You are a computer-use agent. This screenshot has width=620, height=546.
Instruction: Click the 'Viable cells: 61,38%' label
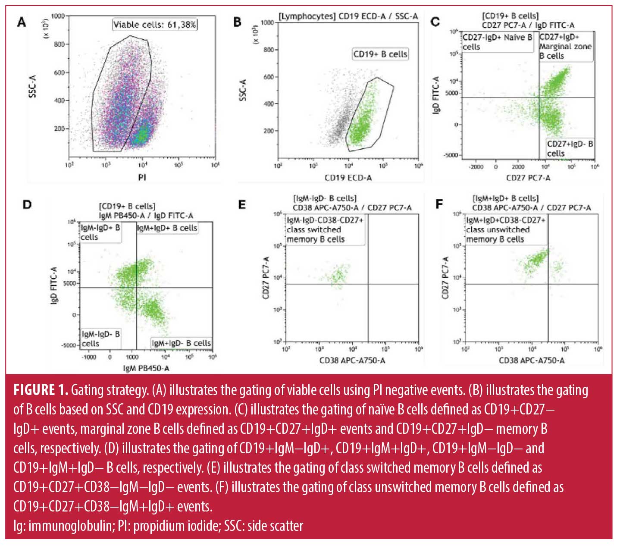[155, 25]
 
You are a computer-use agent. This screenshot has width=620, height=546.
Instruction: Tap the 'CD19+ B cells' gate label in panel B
[380, 54]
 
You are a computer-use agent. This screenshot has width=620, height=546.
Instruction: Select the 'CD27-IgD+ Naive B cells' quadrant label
[497, 42]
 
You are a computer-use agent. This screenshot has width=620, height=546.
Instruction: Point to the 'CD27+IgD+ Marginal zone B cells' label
[565, 47]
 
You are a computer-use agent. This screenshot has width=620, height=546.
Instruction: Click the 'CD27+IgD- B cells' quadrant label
[570, 148]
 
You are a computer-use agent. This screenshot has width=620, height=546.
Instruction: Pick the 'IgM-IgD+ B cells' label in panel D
[100, 232]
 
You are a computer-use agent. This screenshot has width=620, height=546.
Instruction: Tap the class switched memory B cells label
[325, 230]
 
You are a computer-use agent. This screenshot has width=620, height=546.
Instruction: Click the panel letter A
[22, 22]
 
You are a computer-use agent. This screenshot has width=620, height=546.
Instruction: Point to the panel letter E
[242, 204]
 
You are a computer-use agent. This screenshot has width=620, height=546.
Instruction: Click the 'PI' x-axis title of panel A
[142, 177]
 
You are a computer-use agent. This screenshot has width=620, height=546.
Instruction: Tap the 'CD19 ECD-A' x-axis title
[348, 177]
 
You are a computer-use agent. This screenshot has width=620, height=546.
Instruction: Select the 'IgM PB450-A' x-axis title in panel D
[146, 368]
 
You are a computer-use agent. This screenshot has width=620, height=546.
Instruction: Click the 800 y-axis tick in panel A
[59, 44]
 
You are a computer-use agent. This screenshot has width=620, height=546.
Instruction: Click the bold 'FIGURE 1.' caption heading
[41, 390]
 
